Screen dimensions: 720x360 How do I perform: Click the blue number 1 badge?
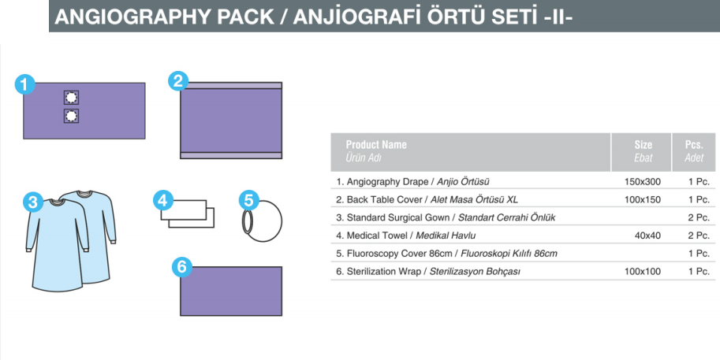pyautogui.click(x=24, y=84)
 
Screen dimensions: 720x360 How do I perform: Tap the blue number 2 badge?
pyautogui.click(x=178, y=81)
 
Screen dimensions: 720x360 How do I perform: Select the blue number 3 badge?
pyautogui.click(x=33, y=202)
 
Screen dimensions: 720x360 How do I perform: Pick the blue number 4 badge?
pyautogui.click(x=163, y=200)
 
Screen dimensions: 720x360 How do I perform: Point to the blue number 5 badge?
pyautogui.click(x=249, y=200)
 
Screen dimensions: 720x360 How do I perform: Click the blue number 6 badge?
pyautogui.click(x=182, y=267)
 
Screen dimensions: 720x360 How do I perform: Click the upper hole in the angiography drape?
pyautogui.click(x=71, y=98)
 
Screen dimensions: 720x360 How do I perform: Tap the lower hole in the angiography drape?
pyautogui.click(x=71, y=116)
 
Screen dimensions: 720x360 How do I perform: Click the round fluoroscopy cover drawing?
pyautogui.click(x=281, y=221)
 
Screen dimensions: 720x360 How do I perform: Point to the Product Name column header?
pyautogui.click(x=376, y=145)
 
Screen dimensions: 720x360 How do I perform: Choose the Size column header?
pyautogui.click(x=643, y=145)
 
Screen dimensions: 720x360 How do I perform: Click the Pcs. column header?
pyautogui.click(x=694, y=145)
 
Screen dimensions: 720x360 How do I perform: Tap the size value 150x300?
pyautogui.click(x=643, y=182)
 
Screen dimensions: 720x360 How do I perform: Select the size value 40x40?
pyautogui.click(x=648, y=236)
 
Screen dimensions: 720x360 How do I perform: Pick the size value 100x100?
pyautogui.click(x=643, y=272)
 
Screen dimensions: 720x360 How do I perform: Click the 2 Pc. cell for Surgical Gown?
pyautogui.click(x=699, y=217)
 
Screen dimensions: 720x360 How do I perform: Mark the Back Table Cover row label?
pyautogui.click(x=427, y=199)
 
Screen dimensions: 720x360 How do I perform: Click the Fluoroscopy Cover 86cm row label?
pyautogui.click(x=446, y=254)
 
